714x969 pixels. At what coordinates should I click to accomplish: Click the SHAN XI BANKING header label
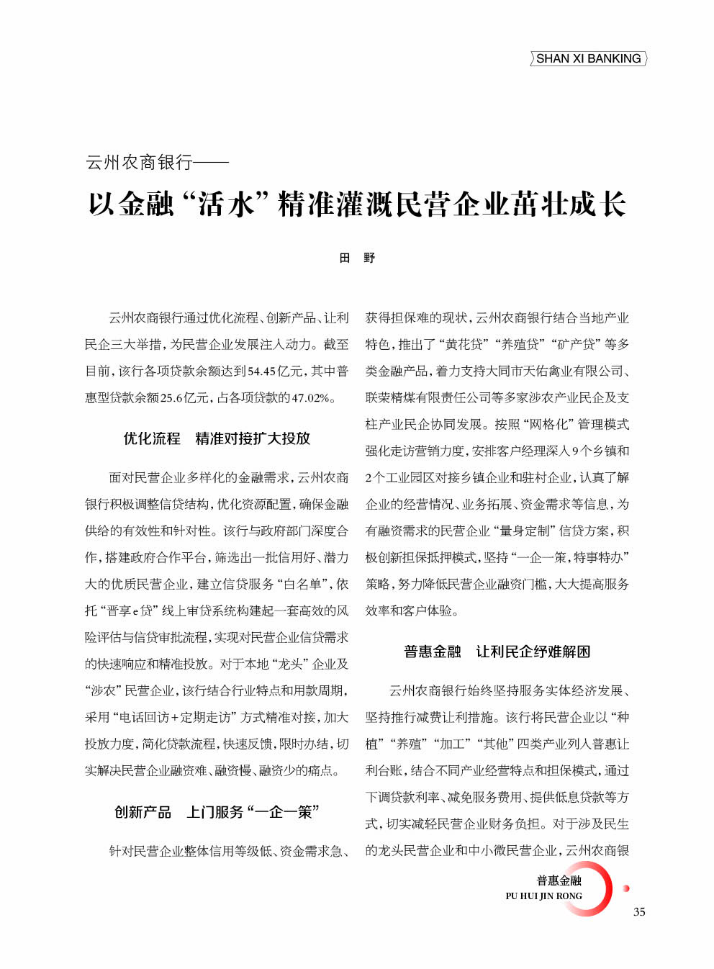tap(588, 59)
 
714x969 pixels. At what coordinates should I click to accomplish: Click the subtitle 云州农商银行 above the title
tap(139, 163)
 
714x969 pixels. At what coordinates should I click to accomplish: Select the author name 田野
tap(357, 258)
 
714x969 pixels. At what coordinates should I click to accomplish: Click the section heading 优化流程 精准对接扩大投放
tap(217, 438)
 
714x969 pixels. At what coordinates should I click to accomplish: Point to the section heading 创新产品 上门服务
tap(217, 812)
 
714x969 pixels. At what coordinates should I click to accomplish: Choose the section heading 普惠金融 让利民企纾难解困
tap(497, 652)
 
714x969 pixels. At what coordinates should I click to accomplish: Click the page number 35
tap(639, 912)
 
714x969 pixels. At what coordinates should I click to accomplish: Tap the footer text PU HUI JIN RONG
tap(543, 896)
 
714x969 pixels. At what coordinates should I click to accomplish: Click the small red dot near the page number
tap(626, 888)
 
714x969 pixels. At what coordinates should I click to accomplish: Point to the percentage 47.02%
tap(311, 398)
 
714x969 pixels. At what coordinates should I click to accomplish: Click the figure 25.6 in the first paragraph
tap(172, 398)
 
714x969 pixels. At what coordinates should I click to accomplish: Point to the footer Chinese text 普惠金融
tap(559, 880)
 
